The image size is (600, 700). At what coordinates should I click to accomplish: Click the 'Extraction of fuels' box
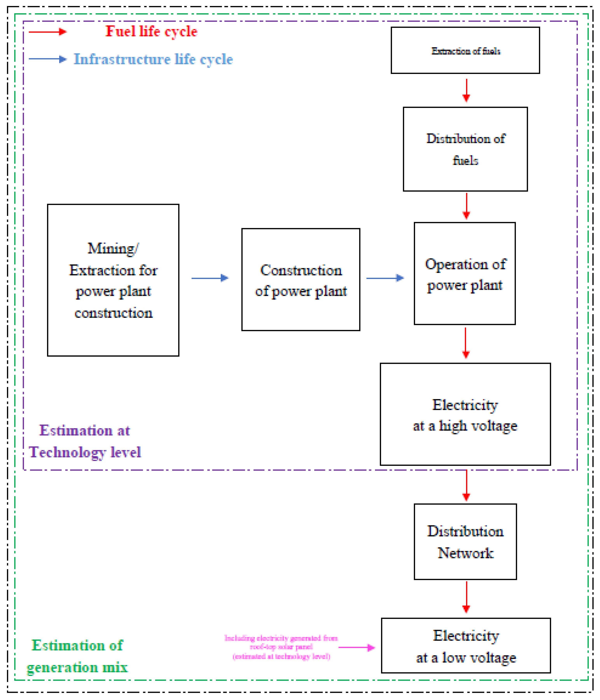465,50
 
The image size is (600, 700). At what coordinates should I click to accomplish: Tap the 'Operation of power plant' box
465,274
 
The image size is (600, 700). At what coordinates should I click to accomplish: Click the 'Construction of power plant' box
301,280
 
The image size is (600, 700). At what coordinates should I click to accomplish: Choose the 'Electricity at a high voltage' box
465,414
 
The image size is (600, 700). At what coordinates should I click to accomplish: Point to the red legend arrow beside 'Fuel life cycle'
47,32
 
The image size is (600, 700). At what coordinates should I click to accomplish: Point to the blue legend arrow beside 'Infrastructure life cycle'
47,59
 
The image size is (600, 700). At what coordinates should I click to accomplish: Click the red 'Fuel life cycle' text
151,31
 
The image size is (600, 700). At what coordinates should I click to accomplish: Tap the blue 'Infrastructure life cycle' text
153,59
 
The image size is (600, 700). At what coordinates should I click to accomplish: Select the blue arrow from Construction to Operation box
385,278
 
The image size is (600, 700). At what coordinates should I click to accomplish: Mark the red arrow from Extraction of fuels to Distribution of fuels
466,90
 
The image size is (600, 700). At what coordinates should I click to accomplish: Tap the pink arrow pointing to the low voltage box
357,647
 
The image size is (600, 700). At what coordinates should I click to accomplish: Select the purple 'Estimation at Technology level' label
85,441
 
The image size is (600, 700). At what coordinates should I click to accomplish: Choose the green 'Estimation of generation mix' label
77,656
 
